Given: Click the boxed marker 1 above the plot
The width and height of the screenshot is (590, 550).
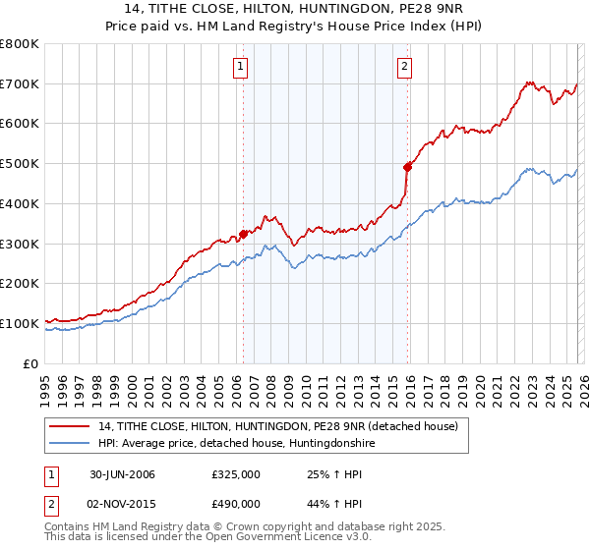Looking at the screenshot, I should click(241, 67).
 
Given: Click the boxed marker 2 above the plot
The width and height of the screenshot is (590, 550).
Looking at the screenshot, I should click(404, 67).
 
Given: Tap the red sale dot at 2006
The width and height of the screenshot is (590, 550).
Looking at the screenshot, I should click(243, 234).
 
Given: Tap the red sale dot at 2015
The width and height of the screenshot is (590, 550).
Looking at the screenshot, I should click(407, 167).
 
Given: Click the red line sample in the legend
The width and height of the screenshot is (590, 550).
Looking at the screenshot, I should click(70, 426).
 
